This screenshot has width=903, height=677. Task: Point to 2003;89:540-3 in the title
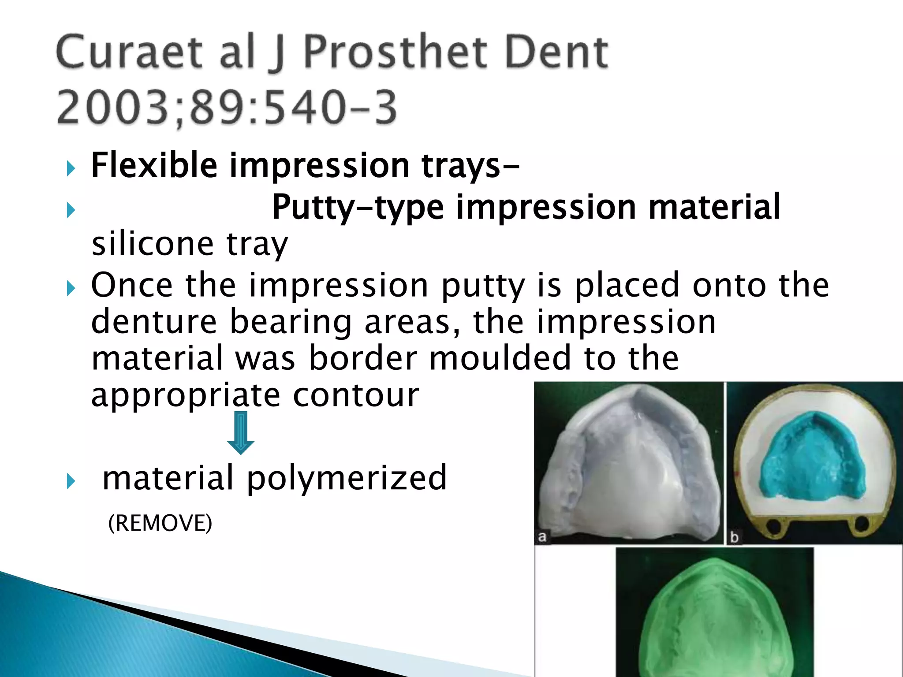point(227,107)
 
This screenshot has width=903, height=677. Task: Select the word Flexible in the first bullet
point(154,165)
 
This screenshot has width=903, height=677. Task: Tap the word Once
point(132,285)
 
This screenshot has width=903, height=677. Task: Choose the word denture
point(154,322)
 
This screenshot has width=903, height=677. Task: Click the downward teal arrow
point(241,432)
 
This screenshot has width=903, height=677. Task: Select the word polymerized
point(347,478)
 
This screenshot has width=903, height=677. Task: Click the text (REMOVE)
point(160,523)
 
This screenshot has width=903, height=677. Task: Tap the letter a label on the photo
point(542,536)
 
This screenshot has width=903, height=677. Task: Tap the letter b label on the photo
point(735,537)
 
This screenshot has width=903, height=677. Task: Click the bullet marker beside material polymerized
point(71,481)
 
